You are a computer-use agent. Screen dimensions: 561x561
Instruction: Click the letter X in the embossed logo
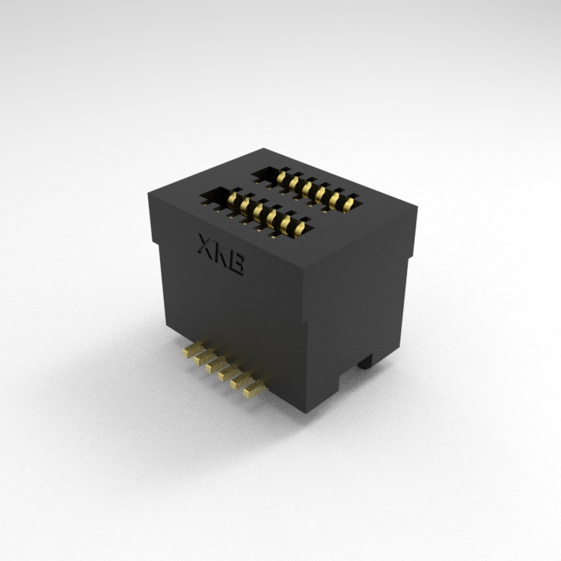coord(206,245)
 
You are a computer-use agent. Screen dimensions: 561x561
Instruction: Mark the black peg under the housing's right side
coord(365,361)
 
